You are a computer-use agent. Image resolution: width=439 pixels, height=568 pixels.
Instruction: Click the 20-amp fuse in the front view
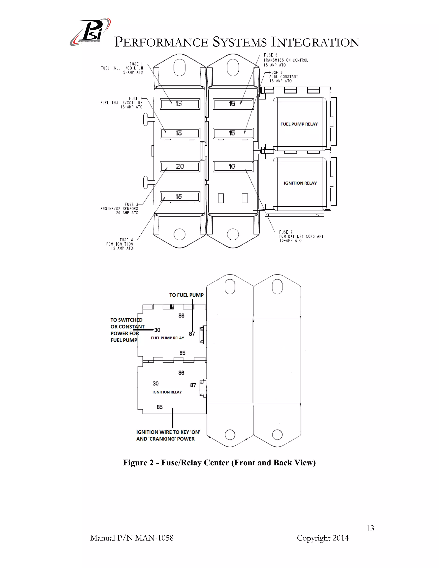(x=180, y=167)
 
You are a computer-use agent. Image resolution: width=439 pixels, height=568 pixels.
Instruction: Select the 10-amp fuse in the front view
(x=233, y=167)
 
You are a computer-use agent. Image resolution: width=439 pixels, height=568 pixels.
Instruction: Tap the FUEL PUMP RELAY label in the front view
(x=299, y=124)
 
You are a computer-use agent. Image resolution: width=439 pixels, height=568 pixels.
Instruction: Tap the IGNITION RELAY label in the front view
(x=300, y=183)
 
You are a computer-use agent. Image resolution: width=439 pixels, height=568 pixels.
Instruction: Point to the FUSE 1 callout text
(x=122, y=68)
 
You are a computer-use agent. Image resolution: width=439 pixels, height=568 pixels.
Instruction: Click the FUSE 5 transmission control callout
(x=285, y=60)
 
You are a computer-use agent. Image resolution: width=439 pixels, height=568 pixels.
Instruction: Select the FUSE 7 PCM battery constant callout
(x=301, y=236)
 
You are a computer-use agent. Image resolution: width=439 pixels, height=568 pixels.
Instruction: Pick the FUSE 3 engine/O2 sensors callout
(x=120, y=209)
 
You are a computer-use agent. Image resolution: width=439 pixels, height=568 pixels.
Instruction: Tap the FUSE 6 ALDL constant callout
(x=283, y=77)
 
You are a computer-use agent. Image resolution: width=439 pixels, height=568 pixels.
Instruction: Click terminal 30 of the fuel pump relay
(x=157, y=330)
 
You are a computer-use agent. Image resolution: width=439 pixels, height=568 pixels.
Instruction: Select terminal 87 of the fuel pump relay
(x=192, y=334)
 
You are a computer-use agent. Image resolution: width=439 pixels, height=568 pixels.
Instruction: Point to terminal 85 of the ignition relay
(x=159, y=407)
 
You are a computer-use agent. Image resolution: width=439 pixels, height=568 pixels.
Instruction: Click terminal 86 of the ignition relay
(x=181, y=373)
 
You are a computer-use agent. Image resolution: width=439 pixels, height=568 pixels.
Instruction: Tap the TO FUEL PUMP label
(x=186, y=295)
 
